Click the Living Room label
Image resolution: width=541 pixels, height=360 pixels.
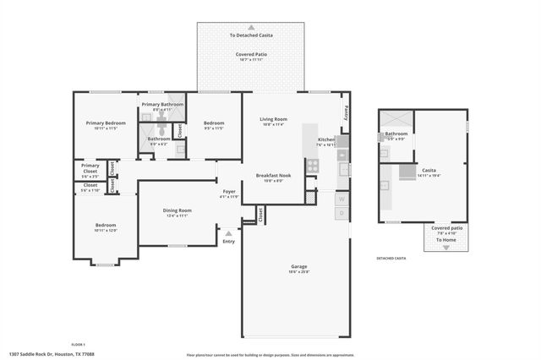click(273, 119)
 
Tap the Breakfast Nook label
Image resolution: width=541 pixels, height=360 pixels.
click(273, 175)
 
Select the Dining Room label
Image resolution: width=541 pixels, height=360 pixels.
click(178, 210)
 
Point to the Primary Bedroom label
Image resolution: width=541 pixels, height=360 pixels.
click(106, 123)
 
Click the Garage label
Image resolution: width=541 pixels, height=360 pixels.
click(298, 265)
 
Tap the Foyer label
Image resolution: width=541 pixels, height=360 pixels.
click(229, 191)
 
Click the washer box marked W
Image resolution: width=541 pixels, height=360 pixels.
click(342, 199)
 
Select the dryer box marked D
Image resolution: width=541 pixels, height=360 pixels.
click(342, 214)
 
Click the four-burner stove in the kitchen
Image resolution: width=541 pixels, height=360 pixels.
click(312, 166)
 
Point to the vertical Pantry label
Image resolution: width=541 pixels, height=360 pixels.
click(345, 112)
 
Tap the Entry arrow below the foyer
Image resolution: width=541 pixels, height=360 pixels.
click(228, 233)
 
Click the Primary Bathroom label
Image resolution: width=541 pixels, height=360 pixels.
click(162, 104)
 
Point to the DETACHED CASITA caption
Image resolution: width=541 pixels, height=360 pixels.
click(391, 258)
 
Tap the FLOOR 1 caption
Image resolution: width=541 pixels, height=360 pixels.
click(78, 345)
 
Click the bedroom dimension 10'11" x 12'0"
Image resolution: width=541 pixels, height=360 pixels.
click(106, 231)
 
